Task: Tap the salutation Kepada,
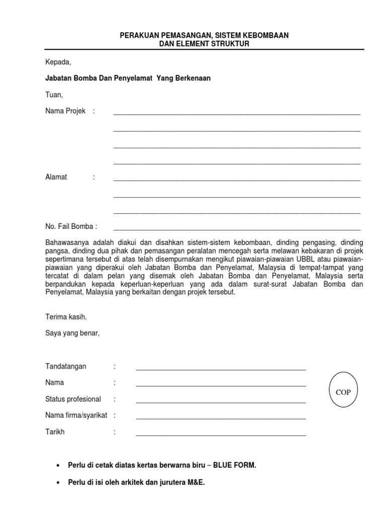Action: click(x=58, y=62)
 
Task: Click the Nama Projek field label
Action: click(x=66, y=111)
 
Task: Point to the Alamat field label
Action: click(x=56, y=177)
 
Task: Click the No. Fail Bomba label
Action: click(x=71, y=227)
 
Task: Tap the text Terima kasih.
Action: click(x=66, y=317)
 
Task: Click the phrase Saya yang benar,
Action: click(x=73, y=333)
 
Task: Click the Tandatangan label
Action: click(x=66, y=366)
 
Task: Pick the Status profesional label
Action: click(x=73, y=399)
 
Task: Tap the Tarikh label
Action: click(x=55, y=432)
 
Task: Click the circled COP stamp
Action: click(x=343, y=392)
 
